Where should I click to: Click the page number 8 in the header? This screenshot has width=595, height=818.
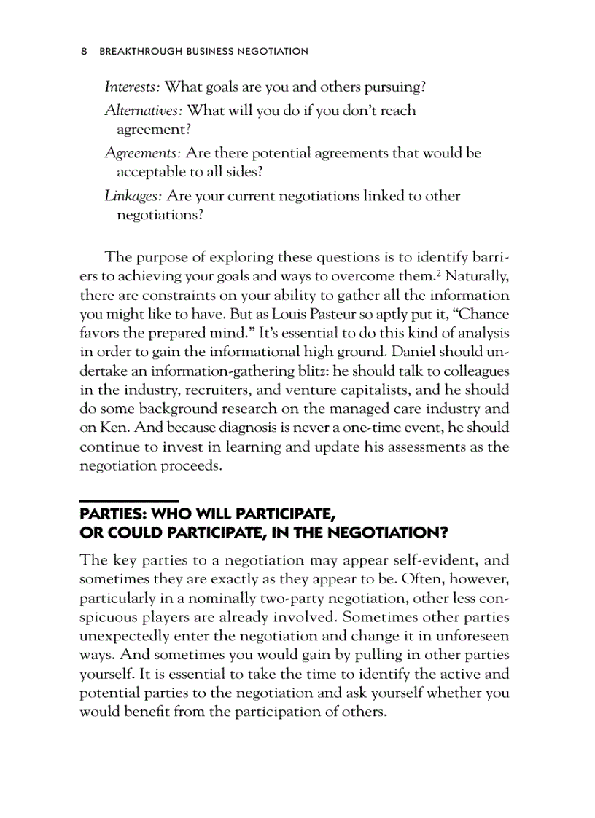click(84, 52)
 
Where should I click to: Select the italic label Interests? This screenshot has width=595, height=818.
click(133, 87)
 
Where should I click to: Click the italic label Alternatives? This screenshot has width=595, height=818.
click(144, 111)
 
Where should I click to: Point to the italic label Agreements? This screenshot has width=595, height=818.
click(143, 154)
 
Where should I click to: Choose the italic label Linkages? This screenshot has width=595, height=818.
click(133, 196)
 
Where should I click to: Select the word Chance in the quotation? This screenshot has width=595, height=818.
click(484, 314)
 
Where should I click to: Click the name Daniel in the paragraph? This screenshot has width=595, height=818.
click(416, 352)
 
